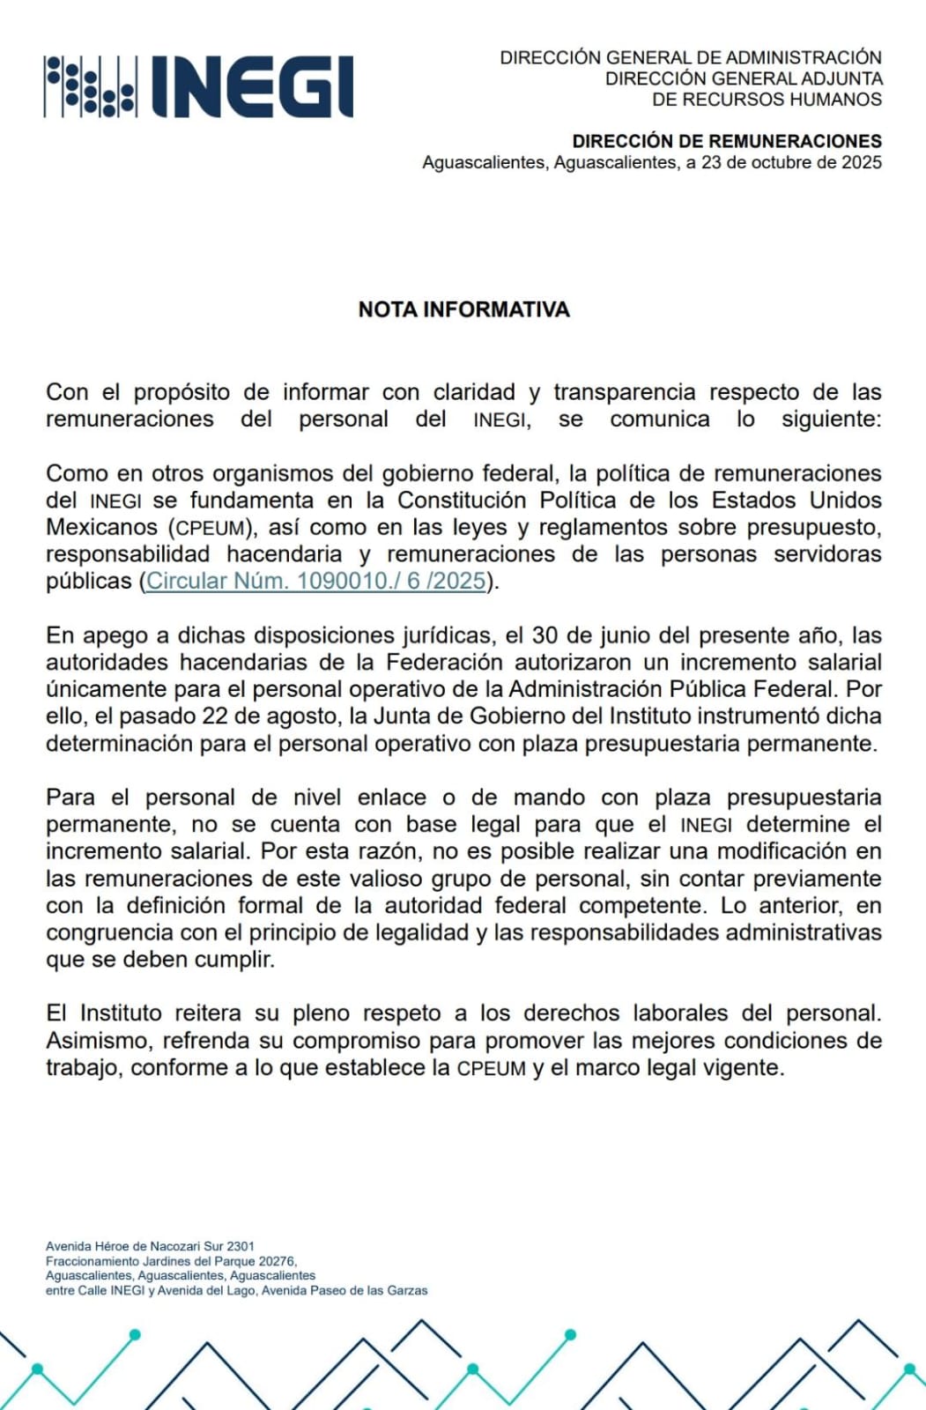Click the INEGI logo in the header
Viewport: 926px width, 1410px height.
198,86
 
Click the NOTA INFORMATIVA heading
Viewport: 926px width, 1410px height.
463,309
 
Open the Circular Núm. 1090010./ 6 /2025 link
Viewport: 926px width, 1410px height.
316,581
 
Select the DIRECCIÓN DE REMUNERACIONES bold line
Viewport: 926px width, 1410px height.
727,141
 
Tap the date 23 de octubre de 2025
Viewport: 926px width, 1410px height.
791,162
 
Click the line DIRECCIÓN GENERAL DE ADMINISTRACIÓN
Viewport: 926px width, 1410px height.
691,57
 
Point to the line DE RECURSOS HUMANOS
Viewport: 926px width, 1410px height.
767,100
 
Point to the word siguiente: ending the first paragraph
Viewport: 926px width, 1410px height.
831,419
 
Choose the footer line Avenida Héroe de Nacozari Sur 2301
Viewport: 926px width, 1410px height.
150,1246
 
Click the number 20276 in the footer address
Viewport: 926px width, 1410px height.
277,1261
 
